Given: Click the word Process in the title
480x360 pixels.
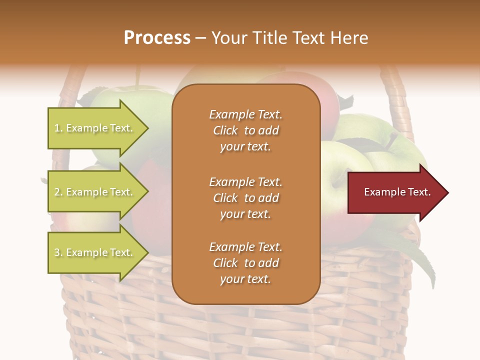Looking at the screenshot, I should coord(157,38).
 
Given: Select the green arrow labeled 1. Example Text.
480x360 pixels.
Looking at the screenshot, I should coord(95,128).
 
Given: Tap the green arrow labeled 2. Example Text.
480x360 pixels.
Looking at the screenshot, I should coord(95,192).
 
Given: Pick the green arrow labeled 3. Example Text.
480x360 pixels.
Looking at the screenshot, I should coord(95,252).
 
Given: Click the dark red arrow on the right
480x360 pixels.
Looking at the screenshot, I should coord(395,192).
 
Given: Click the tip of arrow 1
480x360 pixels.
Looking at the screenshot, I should coord(147,128).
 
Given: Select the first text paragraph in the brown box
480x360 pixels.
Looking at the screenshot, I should coord(245,130).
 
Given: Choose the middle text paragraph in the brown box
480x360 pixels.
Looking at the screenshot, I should coord(245,198).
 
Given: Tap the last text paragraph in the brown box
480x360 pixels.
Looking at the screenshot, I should coord(245,263).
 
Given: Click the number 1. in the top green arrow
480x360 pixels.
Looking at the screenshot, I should coord(58,128).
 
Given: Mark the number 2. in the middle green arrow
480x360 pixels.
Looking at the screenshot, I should coord(58,192).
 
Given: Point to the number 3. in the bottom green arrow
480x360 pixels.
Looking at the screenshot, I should coord(58,252).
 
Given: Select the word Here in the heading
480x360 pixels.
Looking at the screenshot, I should coord(350,38).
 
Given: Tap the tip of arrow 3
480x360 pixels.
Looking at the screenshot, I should coord(147,252).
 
